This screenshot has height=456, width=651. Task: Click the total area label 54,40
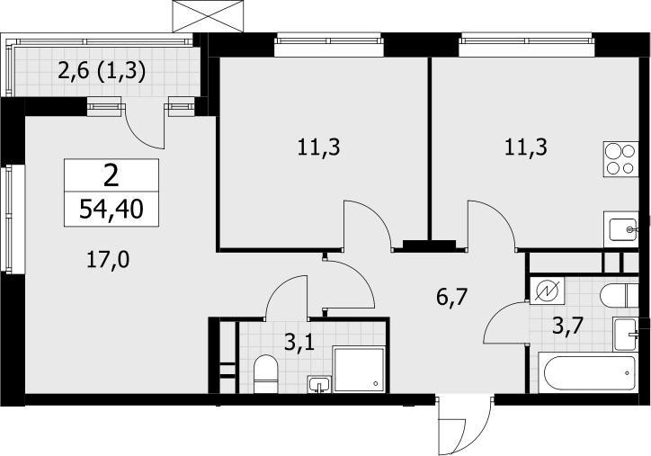[x=111, y=210]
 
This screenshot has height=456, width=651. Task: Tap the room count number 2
[x=111, y=175]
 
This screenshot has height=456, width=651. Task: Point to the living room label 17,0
[x=108, y=261]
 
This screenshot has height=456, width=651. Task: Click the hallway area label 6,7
[x=452, y=298]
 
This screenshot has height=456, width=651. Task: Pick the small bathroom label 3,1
[x=299, y=343]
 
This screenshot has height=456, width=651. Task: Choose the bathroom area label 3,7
[x=567, y=326]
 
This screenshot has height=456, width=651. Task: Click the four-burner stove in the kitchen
[x=620, y=159]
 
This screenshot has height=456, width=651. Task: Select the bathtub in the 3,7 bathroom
[x=587, y=373]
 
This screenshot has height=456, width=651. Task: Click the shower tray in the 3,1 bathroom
[x=359, y=370]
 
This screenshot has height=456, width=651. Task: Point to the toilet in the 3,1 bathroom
[x=265, y=373]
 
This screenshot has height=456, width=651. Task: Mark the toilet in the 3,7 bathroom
[x=619, y=296]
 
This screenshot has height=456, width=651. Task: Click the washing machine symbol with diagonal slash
[x=548, y=291]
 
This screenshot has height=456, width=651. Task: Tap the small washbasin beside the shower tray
[x=319, y=384]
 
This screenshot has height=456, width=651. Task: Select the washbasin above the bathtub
[x=626, y=335]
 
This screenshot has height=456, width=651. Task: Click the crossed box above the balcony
[x=208, y=16]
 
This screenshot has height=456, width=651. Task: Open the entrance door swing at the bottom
[x=465, y=425]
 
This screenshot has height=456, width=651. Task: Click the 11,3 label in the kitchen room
[x=526, y=148]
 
